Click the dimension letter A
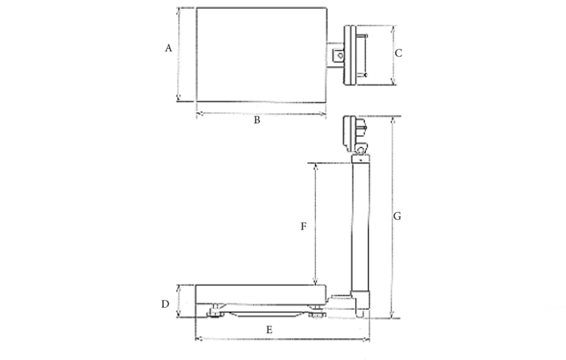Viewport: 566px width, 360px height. pos(168,48)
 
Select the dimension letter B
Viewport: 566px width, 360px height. pos(256,120)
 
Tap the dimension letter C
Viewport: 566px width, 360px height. pos(398,53)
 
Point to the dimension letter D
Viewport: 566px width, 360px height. pos(165,304)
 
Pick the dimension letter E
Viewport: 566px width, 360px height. pos(269,330)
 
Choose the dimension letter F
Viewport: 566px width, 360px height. pos(303,226)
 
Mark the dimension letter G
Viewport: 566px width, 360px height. pos(397,216)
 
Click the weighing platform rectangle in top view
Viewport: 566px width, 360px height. pos(262,55)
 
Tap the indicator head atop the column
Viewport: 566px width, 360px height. pos(355,135)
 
